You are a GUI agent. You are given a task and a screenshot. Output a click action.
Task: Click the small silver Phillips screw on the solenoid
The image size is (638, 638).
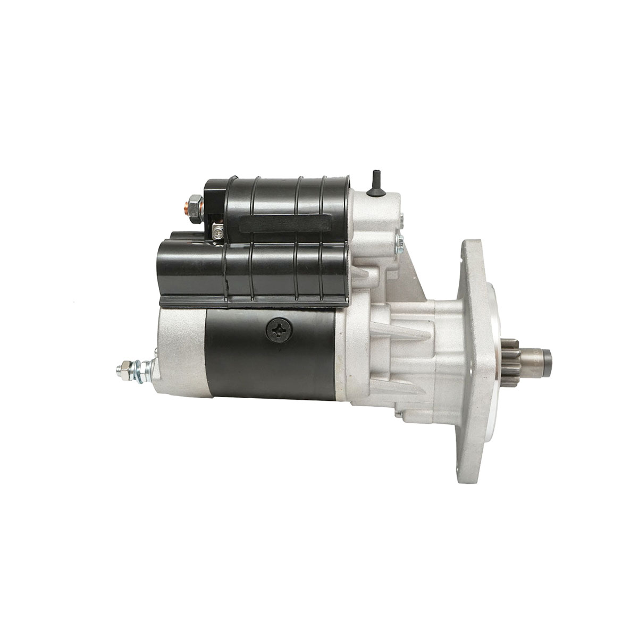[217, 231]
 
